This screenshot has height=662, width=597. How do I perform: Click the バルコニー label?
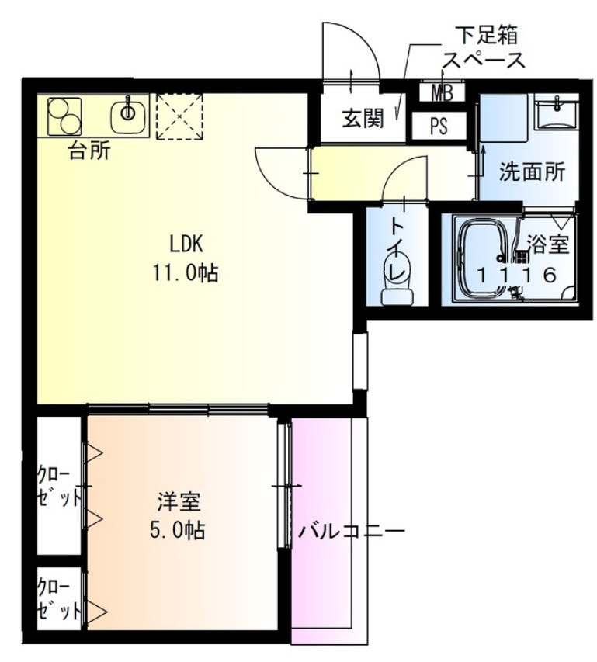(351, 532)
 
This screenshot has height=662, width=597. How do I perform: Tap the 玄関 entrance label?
(363, 120)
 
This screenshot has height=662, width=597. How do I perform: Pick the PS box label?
(439, 125)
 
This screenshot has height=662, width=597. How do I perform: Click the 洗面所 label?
(532, 172)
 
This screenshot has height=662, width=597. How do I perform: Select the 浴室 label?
(548, 246)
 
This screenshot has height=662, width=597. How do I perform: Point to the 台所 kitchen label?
(89, 151)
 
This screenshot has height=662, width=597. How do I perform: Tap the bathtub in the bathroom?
(482, 260)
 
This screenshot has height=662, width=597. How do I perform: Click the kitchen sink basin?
(126, 116)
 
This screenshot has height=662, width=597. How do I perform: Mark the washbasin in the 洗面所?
(557, 115)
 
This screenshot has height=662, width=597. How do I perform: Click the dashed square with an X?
(179, 117)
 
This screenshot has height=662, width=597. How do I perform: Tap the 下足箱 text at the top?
(488, 35)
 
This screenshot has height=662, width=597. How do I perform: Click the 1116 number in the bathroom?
(516, 274)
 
